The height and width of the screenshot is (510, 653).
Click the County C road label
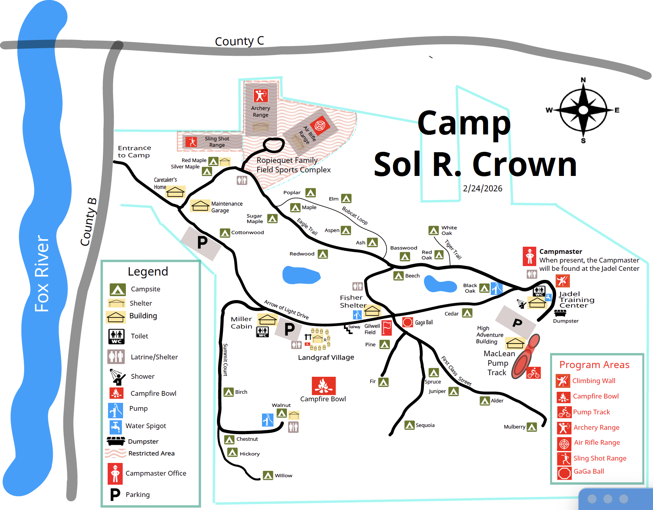239,41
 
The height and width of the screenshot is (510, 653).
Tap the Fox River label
42,273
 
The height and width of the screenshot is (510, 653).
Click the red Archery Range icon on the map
260,95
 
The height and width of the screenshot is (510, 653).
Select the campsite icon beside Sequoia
410,425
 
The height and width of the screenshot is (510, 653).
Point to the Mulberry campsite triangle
532,427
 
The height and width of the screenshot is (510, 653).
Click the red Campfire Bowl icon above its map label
323,385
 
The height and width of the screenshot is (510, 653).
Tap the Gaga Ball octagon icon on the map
408,322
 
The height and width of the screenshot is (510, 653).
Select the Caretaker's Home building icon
175,192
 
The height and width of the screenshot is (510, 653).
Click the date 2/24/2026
482,189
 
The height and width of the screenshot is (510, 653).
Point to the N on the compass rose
583,80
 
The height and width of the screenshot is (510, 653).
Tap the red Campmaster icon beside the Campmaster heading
530,256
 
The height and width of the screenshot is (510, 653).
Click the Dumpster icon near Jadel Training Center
560,313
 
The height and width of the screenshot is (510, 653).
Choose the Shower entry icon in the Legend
116,376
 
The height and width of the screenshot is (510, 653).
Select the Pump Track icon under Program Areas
564,412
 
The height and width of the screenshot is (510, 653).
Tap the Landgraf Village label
326,357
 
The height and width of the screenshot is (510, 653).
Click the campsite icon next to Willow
268,476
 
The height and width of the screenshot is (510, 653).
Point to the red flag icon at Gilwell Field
386,328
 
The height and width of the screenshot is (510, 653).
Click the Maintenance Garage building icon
200,206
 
